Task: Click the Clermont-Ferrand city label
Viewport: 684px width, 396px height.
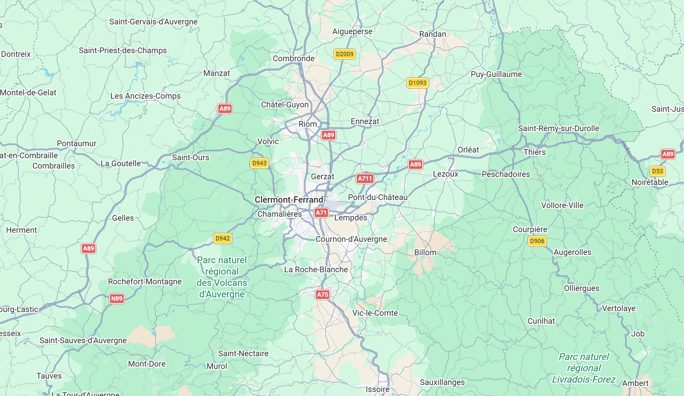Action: click(289, 200)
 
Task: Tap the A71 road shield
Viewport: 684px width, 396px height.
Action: click(321, 213)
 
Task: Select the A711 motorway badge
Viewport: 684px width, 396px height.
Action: click(365, 179)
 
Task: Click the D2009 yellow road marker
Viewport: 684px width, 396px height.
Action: click(344, 54)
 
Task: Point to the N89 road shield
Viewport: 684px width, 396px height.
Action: click(117, 299)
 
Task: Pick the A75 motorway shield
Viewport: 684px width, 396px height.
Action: click(322, 295)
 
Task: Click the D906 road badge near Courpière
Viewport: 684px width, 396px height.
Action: click(537, 241)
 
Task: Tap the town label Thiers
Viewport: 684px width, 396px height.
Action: click(535, 152)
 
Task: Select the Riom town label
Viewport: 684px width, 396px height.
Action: click(308, 124)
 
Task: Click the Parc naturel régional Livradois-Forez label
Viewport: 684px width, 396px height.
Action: click(584, 368)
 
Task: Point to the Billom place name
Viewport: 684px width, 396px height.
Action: click(425, 253)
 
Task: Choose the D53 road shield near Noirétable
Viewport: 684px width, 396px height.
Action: click(657, 171)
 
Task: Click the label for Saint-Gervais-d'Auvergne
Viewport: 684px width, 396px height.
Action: click(153, 22)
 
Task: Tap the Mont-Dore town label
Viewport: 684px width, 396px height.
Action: click(147, 364)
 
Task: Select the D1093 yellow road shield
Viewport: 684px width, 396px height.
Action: click(418, 83)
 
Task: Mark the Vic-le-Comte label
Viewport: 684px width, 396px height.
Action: click(375, 313)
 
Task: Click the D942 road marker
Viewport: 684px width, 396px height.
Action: click(222, 238)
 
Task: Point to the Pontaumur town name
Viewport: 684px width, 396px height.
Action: click(77, 143)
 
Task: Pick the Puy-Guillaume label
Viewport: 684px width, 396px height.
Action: click(496, 74)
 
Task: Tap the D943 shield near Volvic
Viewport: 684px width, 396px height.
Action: click(259, 163)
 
